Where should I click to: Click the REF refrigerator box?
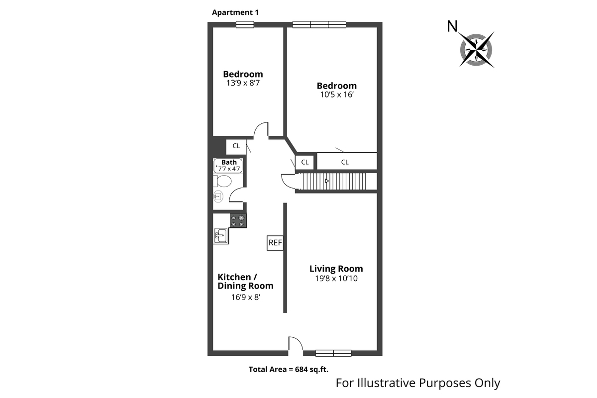point(275,243)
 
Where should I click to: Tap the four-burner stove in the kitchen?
point(238,220)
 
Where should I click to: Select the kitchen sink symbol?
point(221,235)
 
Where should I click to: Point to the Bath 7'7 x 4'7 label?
point(229,166)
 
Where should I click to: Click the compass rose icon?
point(477,49)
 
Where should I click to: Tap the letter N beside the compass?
point(452,26)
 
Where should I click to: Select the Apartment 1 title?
point(235,12)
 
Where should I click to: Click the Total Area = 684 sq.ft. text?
point(289,369)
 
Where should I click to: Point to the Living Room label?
point(336,269)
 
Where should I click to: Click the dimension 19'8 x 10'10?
point(336,279)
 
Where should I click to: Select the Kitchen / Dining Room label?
point(245,281)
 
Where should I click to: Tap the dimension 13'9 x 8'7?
point(243,84)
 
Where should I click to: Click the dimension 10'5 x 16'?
point(337,95)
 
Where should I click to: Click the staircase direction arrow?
point(327,181)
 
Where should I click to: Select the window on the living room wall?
point(333,353)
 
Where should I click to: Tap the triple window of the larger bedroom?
point(319,24)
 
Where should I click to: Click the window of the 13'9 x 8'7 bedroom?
point(244,24)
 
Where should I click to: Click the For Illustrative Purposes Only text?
point(418,383)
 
